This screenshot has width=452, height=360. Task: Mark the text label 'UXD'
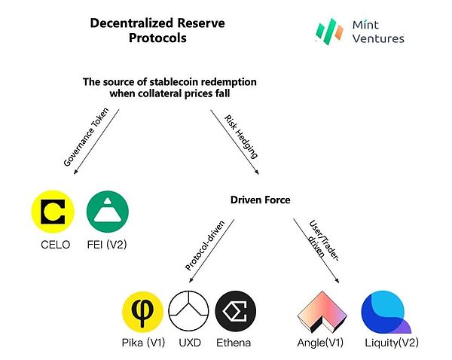(x=189, y=343)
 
